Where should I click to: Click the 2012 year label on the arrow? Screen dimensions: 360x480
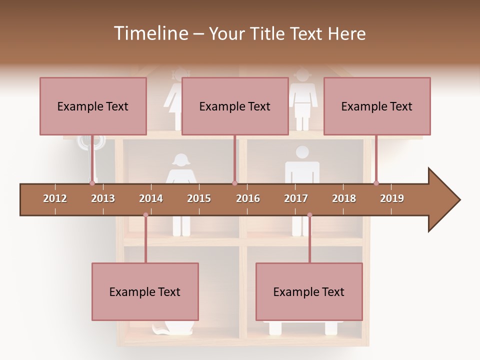[55, 198]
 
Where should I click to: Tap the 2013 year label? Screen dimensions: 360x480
[103, 198]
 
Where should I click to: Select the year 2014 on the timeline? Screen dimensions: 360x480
[151, 198]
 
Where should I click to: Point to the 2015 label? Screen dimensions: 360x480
[199, 198]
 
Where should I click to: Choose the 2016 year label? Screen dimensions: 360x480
[248, 198]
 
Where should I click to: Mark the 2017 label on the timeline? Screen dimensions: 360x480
[296, 198]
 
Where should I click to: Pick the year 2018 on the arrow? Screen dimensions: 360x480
[344, 198]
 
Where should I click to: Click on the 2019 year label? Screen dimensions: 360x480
[392, 198]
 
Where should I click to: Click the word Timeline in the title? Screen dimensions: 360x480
[150, 33]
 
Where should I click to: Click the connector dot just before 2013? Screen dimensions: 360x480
[92, 183]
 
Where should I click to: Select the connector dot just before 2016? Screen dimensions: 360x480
[234, 183]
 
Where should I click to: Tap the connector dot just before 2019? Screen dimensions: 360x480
[376, 183]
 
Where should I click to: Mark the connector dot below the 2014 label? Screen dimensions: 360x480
[145, 215]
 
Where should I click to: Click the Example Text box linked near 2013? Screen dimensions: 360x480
[93, 106]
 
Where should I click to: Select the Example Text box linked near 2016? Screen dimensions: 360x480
[235, 106]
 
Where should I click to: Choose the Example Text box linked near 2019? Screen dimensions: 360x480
[377, 106]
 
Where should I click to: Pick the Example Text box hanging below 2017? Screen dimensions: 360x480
[309, 291]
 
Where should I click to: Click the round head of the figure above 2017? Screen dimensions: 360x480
[302, 152]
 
